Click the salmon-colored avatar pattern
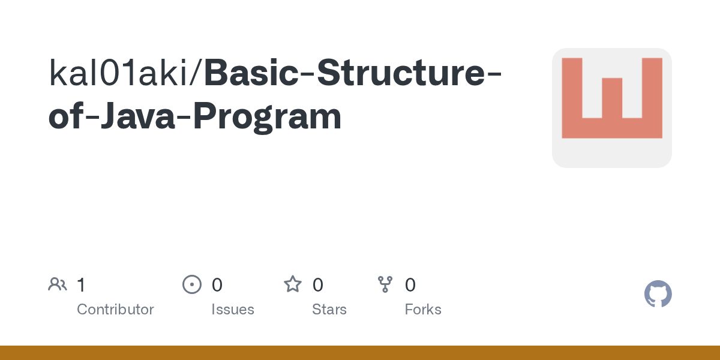tap(611, 98)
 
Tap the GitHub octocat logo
tap(658, 294)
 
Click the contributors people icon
tap(58, 284)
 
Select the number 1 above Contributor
tap(81, 285)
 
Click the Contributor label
tap(115, 310)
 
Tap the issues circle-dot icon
tap(192, 284)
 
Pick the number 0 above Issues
tap(217, 285)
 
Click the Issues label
tap(233, 310)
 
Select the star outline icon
tap(293, 284)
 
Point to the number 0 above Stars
tap(318, 285)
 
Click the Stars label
tap(329, 310)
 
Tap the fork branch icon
tap(385, 284)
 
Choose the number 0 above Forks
tap(410, 285)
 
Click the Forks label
tap(423, 310)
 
